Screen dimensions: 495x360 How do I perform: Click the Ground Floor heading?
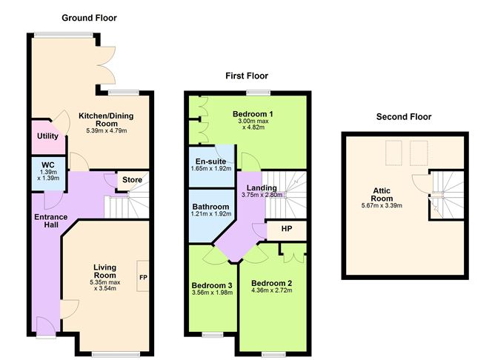coord(90,18)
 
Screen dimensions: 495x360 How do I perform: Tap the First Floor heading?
coord(247,76)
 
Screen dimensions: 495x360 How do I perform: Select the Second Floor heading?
coord(404,117)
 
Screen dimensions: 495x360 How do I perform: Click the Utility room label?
coord(47,136)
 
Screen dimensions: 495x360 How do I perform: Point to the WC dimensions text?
coord(48,175)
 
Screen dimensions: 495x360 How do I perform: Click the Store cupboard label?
coord(133,180)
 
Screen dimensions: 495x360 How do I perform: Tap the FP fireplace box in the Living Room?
coord(143,276)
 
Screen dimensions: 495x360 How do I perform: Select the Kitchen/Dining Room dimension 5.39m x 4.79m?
coord(107,130)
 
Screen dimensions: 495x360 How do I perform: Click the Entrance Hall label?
coord(51,221)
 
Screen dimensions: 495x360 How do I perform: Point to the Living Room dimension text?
coord(105,285)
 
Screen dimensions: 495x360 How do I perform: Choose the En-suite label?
coord(210,161)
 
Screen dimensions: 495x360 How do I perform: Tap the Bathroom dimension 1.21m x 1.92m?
coord(211,214)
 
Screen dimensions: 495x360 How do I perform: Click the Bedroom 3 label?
coord(212,285)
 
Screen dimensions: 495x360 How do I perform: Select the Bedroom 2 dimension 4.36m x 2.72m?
coord(272,290)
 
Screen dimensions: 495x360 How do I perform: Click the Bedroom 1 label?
coord(253,114)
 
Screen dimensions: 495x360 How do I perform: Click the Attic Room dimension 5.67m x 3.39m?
coord(382,206)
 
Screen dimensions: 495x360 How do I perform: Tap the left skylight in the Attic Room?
coord(393,153)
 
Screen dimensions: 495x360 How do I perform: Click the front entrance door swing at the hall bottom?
coord(46,327)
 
